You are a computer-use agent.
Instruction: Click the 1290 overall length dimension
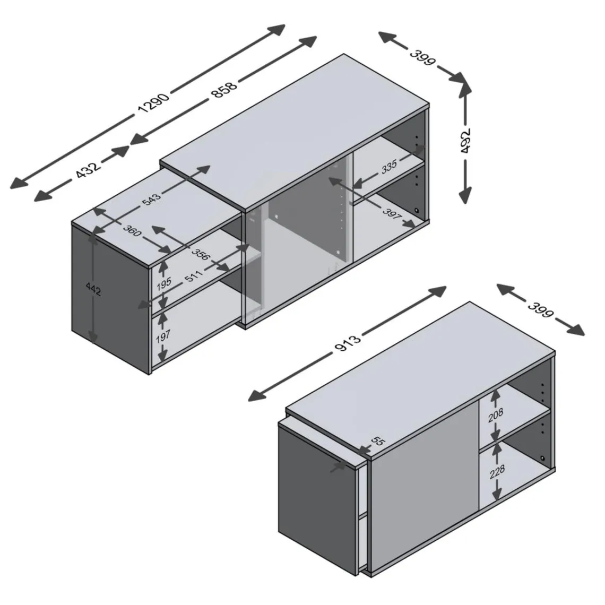click(153, 103)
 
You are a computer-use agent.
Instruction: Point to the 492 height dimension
click(466, 141)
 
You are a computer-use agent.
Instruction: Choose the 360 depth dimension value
click(132, 230)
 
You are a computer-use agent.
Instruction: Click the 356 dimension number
click(200, 255)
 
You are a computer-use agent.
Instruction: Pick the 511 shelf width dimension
click(193, 276)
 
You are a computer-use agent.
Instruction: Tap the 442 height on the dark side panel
click(93, 289)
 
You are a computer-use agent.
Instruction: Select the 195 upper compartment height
click(163, 284)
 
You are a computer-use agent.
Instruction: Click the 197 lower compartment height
click(163, 336)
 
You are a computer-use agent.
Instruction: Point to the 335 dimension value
click(390, 167)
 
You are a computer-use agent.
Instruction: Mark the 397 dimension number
click(392, 213)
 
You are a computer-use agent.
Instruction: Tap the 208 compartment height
click(496, 415)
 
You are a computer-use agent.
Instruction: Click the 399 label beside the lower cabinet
click(541, 309)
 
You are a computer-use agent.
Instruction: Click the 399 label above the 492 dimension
click(422, 57)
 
